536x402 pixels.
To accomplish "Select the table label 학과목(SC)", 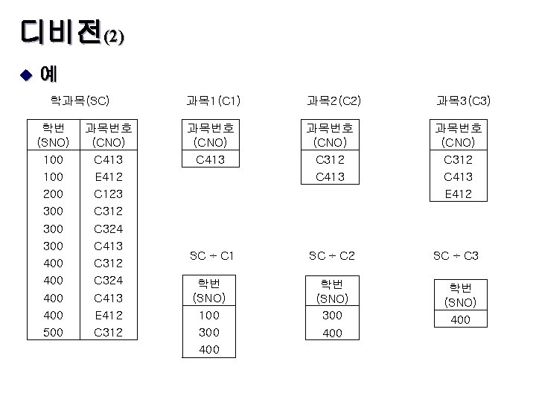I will tap(80, 100).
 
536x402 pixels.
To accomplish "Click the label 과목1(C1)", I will tap(213, 100).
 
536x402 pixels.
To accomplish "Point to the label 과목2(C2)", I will tap(334, 100).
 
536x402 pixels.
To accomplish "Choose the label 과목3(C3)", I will tap(462, 100).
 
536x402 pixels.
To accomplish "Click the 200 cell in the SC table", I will tap(53, 194).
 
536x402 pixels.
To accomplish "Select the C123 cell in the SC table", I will tap(108, 194).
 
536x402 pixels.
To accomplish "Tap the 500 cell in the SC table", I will tap(53, 333).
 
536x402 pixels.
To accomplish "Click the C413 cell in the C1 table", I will tap(210, 159).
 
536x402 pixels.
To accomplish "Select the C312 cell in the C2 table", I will tap(329, 159).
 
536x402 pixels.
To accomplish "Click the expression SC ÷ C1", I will tap(211, 255).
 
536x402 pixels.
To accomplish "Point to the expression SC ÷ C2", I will tap(332, 255).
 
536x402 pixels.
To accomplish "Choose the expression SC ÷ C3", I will tap(456, 255).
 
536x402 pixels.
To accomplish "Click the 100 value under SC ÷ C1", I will tap(209, 316).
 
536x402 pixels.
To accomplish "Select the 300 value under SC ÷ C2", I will tap(332, 316).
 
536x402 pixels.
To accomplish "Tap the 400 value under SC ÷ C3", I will tap(460, 320).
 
